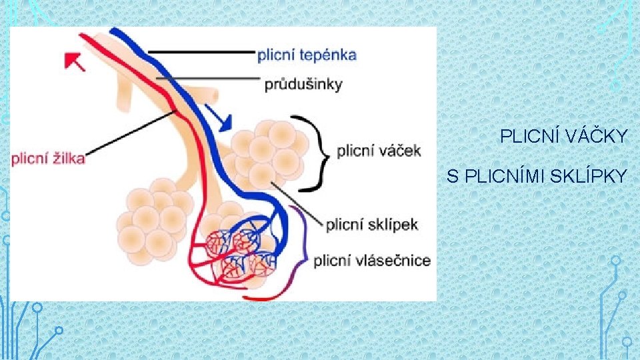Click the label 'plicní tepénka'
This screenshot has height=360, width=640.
point(307,55)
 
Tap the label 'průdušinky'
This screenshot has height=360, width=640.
point(303,84)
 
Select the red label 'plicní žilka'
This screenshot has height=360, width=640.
point(47,158)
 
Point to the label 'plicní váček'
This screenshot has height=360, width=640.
point(379,151)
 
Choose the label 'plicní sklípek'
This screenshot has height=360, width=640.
point(371,224)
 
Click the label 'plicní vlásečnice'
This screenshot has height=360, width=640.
point(372,260)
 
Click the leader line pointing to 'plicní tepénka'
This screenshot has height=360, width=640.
point(200,52)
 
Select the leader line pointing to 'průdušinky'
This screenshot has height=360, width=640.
point(207,78)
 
